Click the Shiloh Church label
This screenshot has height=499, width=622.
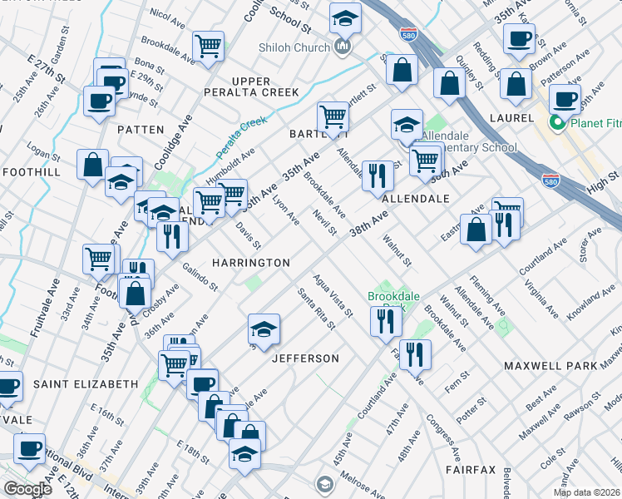(x=294, y=47)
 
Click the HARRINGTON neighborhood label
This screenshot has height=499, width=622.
(x=250, y=263)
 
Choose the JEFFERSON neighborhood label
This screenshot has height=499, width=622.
(x=306, y=358)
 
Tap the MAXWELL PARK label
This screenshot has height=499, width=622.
(x=550, y=366)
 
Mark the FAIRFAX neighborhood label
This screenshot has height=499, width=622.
(x=471, y=470)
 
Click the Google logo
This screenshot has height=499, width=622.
(x=27, y=488)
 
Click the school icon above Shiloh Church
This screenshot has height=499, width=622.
(x=345, y=17)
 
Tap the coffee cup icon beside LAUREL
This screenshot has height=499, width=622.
(x=565, y=98)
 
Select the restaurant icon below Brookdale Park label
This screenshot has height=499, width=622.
(x=384, y=320)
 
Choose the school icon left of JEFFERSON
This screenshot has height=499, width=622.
(x=264, y=329)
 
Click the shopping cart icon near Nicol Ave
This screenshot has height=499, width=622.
(x=208, y=46)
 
